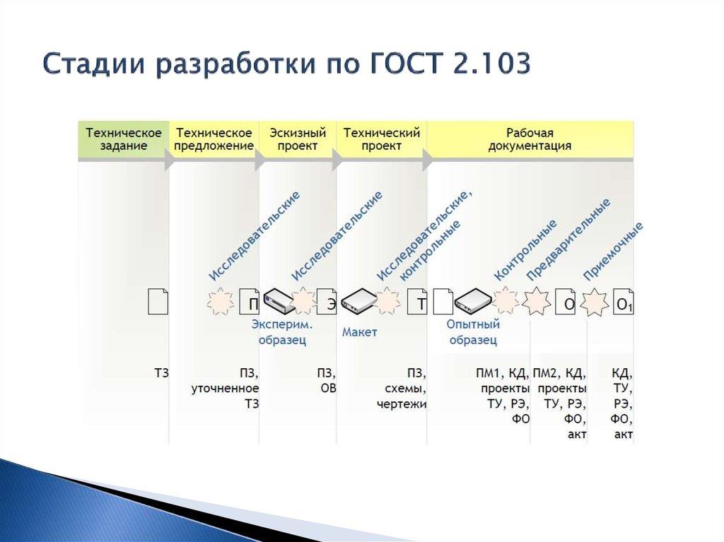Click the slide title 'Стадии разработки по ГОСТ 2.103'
click(286, 64)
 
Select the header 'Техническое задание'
click(124, 139)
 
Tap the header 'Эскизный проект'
click(298, 139)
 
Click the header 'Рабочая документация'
click(530, 139)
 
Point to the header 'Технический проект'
click(382, 139)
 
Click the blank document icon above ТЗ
click(158, 301)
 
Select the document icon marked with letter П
click(250, 302)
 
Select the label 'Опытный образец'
click(473, 332)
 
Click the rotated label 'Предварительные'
click(568, 240)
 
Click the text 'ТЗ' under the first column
click(161, 373)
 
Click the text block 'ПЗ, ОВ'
click(326, 380)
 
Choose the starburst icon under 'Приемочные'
click(594, 303)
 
